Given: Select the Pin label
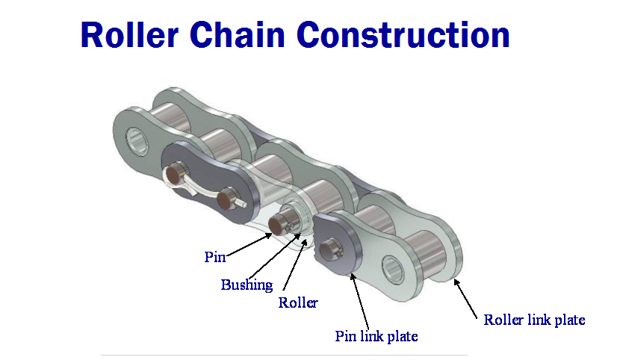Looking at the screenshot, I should [214, 257].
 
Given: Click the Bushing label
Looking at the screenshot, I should [247, 285].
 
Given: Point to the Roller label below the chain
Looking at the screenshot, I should [298, 302].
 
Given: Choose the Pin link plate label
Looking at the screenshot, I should [376, 336].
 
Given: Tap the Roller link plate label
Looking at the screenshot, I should [534, 320].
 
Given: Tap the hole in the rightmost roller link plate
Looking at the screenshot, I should [394, 264].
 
